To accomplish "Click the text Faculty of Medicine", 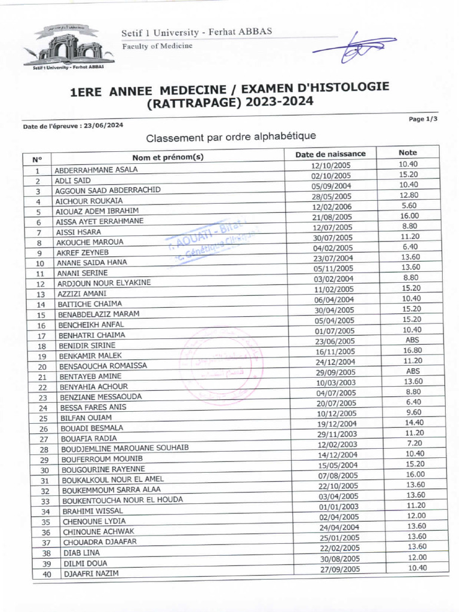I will click(157, 47).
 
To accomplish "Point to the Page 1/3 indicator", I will click(423, 119).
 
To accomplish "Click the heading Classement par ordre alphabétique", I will click(231, 137).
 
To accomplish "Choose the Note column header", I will click(408, 152).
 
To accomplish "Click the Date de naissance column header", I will click(331, 154).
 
